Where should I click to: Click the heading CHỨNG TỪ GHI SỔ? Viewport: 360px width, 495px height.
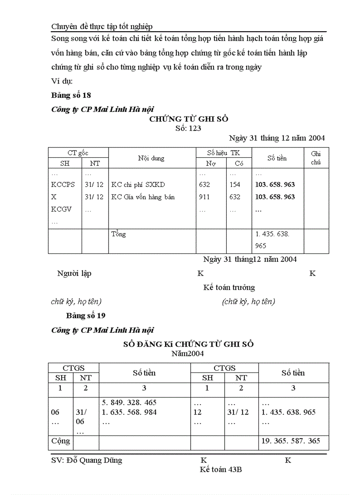pyautogui.click(x=188, y=119)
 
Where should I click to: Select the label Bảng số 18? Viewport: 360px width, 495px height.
pyautogui.click(x=71, y=95)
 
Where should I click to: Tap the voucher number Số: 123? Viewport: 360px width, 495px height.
pyautogui.click(x=188, y=128)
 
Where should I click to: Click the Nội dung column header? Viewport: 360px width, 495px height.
pyautogui.click(x=151, y=158)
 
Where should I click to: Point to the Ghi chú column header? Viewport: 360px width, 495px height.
pyautogui.click(x=316, y=158)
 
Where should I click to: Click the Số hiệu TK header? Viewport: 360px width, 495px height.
pyautogui.click(x=223, y=153)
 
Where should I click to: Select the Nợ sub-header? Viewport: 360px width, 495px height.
pyautogui.click(x=210, y=163)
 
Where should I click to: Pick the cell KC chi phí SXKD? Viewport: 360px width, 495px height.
pyautogui.click(x=138, y=185)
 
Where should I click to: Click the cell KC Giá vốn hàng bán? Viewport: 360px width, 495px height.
pyautogui.click(x=143, y=197)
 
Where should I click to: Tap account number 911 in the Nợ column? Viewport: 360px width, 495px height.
pyautogui.click(x=205, y=197)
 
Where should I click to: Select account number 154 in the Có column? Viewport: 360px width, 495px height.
pyautogui.click(x=235, y=185)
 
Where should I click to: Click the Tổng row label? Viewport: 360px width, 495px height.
pyautogui.click(x=119, y=234)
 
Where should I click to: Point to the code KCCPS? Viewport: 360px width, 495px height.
pyautogui.click(x=63, y=185)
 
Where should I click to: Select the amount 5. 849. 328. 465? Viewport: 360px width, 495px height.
pyautogui.click(x=129, y=402)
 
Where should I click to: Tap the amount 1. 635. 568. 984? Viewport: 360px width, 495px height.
pyautogui.click(x=129, y=413)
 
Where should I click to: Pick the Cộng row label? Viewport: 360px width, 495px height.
pyautogui.click(x=61, y=440)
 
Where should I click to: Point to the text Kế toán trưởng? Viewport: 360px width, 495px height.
pyautogui.click(x=229, y=287)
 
